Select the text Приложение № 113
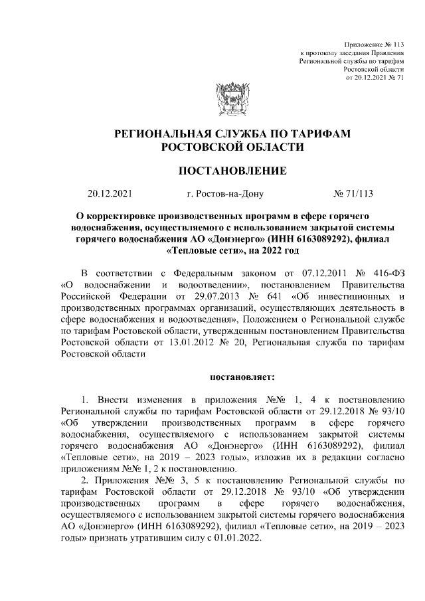coord(375,43)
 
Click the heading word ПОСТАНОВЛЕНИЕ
coord(232,171)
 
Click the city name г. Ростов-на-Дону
coord(226,195)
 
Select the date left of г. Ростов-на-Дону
coord(110,195)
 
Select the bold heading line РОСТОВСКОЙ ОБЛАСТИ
coord(232,148)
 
